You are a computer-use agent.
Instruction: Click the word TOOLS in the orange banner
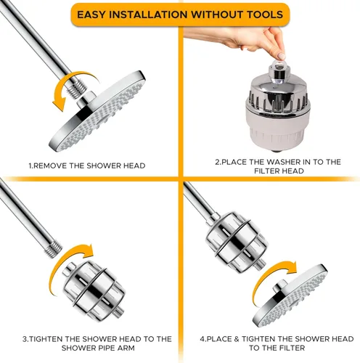(x=265, y=15)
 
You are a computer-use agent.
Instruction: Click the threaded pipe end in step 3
(x=54, y=248)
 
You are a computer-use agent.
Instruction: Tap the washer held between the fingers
(x=280, y=65)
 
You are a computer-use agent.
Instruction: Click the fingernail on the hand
(x=282, y=57)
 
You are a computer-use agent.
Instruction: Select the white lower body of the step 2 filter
(x=278, y=129)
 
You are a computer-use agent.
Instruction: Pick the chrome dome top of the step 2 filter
(x=278, y=89)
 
